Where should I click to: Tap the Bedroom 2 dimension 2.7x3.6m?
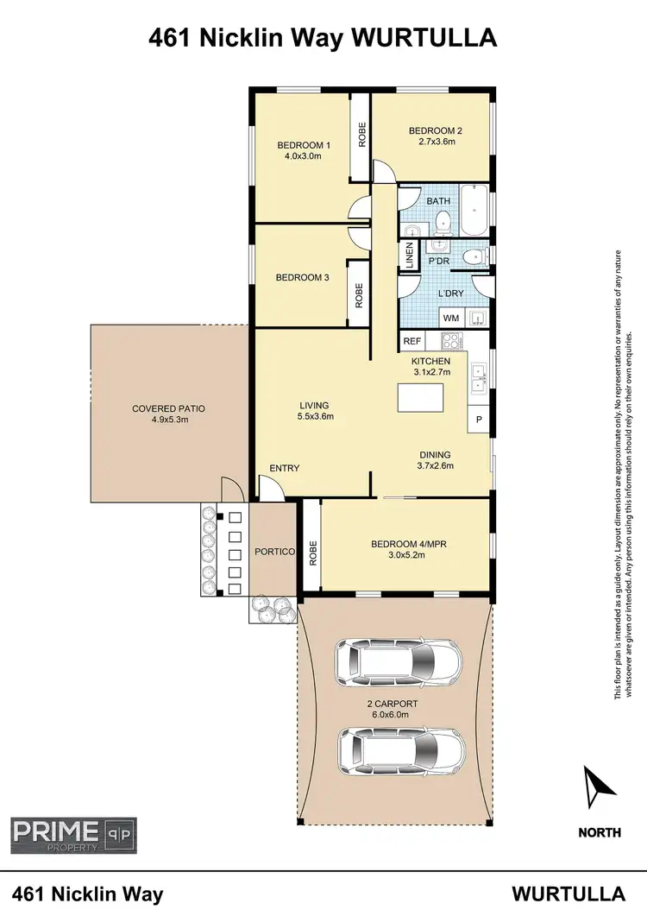point(430,142)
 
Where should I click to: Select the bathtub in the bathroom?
point(473,211)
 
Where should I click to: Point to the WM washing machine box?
point(450,319)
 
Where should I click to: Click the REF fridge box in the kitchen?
point(411,342)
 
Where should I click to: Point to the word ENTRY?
point(284,469)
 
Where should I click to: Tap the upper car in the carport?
point(399,663)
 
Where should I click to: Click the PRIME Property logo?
point(73,834)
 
